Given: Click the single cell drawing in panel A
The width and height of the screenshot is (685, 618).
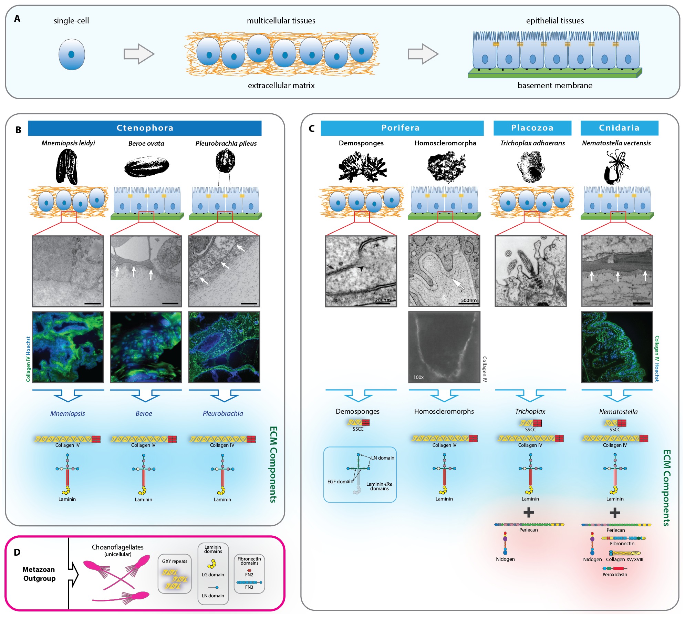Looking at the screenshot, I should click(72, 54).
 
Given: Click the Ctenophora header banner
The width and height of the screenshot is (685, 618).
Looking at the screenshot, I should click(145, 128).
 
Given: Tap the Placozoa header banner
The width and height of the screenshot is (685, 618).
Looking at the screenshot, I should click(532, 128).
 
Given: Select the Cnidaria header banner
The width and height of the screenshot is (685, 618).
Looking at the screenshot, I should click(619, 128).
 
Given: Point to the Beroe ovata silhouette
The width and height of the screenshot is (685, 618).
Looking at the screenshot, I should click(147, 167).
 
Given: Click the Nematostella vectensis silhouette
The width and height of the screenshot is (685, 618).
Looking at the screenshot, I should click(616, 167).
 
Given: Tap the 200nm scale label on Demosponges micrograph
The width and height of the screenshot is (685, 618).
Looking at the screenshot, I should click(382, 300).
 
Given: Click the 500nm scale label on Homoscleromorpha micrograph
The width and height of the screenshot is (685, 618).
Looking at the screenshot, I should click(469, 300).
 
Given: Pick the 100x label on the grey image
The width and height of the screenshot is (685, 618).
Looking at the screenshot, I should click(418, 377).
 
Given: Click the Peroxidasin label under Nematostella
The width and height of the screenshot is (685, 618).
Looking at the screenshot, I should click(615, 575).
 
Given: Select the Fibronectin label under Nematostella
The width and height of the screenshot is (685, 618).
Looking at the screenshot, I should click(622, 544).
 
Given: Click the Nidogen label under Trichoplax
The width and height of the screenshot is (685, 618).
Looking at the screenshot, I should click(505, 559).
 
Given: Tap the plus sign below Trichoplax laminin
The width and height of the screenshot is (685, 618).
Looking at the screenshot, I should click(529, 513).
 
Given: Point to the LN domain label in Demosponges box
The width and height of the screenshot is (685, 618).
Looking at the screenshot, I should click(383, 458).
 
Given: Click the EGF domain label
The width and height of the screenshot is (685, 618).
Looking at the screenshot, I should click(340, 482).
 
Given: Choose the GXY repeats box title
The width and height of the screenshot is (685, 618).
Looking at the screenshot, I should click(175, 561).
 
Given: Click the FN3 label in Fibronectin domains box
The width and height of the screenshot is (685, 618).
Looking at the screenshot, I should click(249, 587).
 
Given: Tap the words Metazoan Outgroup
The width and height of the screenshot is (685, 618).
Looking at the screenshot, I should click(39, 574).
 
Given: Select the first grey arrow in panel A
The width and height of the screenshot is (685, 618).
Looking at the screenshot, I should click(139, 54).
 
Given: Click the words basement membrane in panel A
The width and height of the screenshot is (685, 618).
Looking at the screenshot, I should click(555, 85).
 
